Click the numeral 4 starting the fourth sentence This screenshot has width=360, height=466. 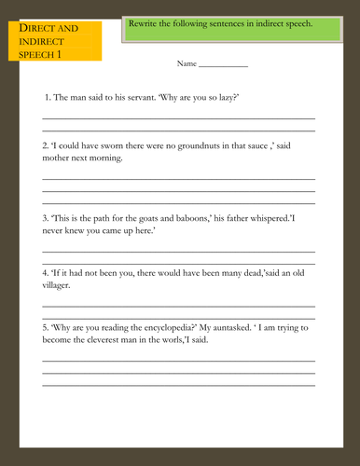point(45,273)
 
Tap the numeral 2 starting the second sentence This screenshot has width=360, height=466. point(45,146)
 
